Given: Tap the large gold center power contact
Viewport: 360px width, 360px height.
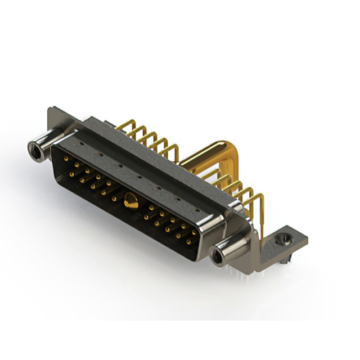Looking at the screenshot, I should pos(130,200).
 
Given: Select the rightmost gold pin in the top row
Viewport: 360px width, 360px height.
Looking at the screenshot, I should pos(195,232).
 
